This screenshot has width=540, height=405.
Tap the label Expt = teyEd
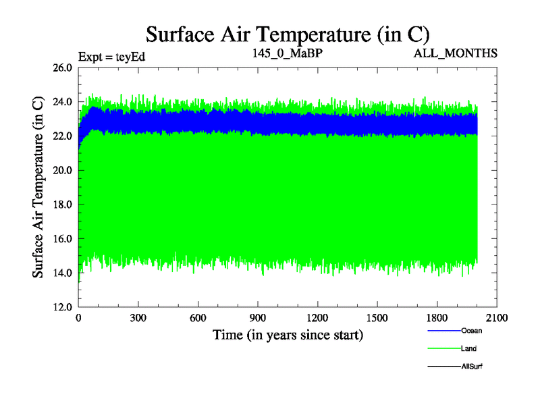pos(112,56)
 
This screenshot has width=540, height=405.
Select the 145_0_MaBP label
pos(288,53)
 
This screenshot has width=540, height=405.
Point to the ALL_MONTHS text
pos(456,53)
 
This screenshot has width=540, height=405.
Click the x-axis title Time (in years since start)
pos(288,335)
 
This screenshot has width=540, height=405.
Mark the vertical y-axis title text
pos(39,186)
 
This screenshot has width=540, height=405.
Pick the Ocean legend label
pos(472,331)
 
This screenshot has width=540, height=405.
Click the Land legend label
pos(469,348)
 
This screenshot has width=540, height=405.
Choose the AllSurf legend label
pos(472,366)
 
